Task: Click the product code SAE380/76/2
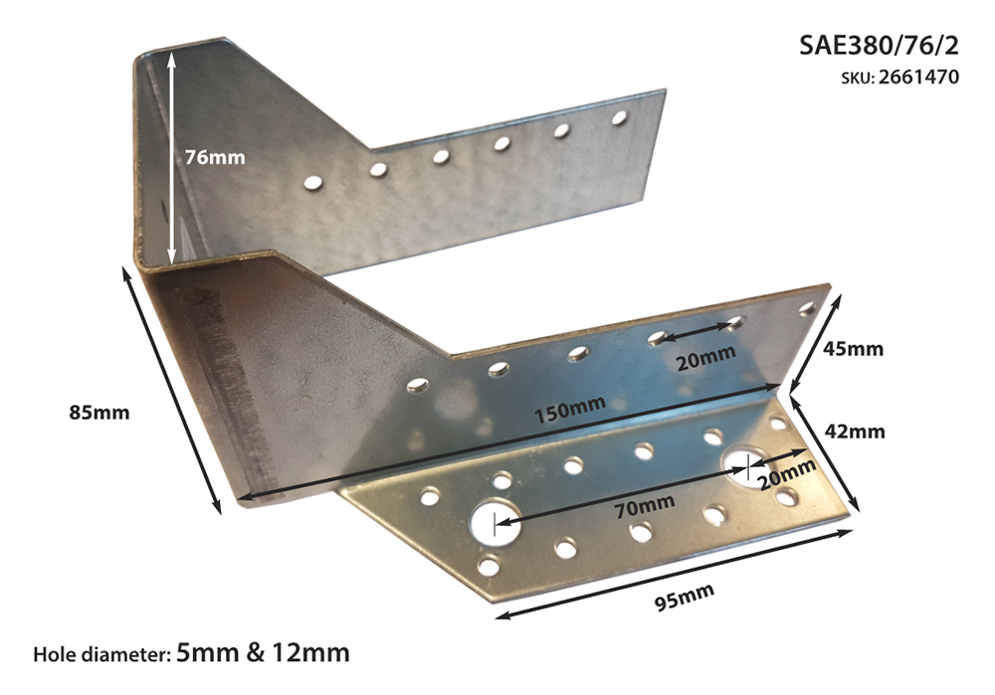click(879, 46)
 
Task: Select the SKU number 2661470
click(918, 78)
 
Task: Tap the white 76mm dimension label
click(215, 157)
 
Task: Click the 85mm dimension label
click(99, 413)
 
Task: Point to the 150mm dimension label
click(569, 409)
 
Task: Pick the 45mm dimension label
click(853, 349)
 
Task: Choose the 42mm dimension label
click(854, 432)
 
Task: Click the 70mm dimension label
click(645, 505)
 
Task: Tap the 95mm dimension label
click(685, 597)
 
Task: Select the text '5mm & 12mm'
click(264, 652)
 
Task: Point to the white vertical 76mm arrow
click(171, 158)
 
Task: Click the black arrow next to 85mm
click(171, 391)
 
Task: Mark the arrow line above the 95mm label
click(674, 574)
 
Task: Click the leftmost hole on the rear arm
click(312, 183)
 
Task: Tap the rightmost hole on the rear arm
click(619, 117)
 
